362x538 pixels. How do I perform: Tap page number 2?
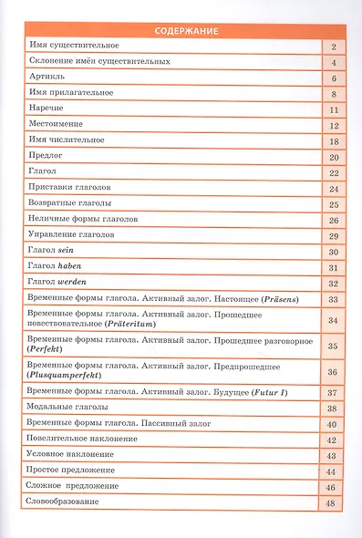335,46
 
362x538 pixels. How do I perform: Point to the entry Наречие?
45,109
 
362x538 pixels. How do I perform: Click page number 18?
334,140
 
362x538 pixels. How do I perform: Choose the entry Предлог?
44,156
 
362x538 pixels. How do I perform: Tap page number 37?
334,392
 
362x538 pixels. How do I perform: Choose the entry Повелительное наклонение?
83,439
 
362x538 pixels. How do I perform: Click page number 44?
334,471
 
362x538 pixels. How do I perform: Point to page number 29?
334,235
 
